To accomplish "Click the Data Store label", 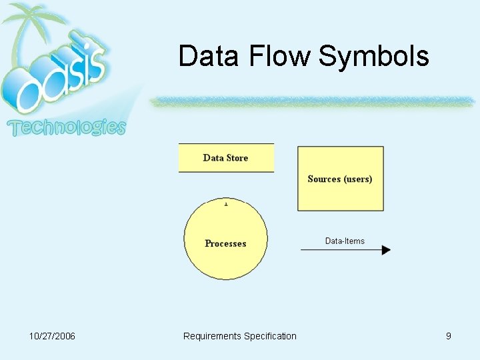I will pyautogui.click(x=225, y=158).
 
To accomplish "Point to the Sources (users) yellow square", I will pyautogui.click(x=340, y=193).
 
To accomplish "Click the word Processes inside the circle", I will pyautogui.click(x=225, y=244).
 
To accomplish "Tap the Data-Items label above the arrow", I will pyautogui.click(x=345, y=241).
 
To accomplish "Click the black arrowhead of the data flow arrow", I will pyautogui.click(x=386, y=250).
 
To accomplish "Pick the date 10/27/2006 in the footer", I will pyautogui.click(x=53, y=336).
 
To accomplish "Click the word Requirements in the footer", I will pyautogui.click(x=212, y=336).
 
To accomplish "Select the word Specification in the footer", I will pyautogui.click(x=270, y=336).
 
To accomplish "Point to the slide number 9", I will pyautogui.click(x=449, y=336).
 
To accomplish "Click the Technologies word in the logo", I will pyautogui.click(x=67, y=127).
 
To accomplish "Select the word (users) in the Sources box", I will pyautogui.click(x=358, y=179).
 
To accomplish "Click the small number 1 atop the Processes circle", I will pyautogui.click(x=226, y=203).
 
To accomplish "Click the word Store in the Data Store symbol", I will pyautogui.click(x=237, y=158).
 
